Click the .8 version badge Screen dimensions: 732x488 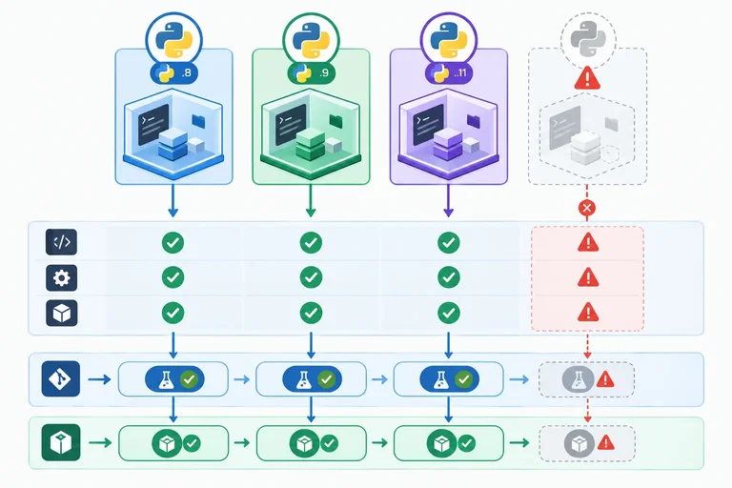click(174, 73)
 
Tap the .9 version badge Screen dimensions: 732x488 click(312, 73)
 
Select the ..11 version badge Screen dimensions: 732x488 click(449, 73)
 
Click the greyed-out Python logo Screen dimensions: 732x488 click(588, 39)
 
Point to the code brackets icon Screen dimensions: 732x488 click(62, 242)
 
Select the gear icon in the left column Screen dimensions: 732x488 click(62, 278)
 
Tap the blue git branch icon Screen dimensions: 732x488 click(61, 378)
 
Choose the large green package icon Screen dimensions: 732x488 click(61, 442)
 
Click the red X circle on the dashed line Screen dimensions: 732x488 click(587, 208)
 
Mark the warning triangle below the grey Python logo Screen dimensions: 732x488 click(587, 78)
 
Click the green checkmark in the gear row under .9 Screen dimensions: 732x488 click(311, 277)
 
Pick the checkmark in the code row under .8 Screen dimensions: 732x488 click(173, 243)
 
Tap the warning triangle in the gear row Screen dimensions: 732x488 click(588, 277)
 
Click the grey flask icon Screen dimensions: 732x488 click(578, 379)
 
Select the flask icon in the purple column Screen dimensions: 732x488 click(440, 380)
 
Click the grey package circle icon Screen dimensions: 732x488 click(579, 443)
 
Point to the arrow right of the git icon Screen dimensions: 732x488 click(99, 379)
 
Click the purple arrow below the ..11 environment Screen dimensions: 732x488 click(449, 201)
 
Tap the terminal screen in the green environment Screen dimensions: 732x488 click(291, 124)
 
